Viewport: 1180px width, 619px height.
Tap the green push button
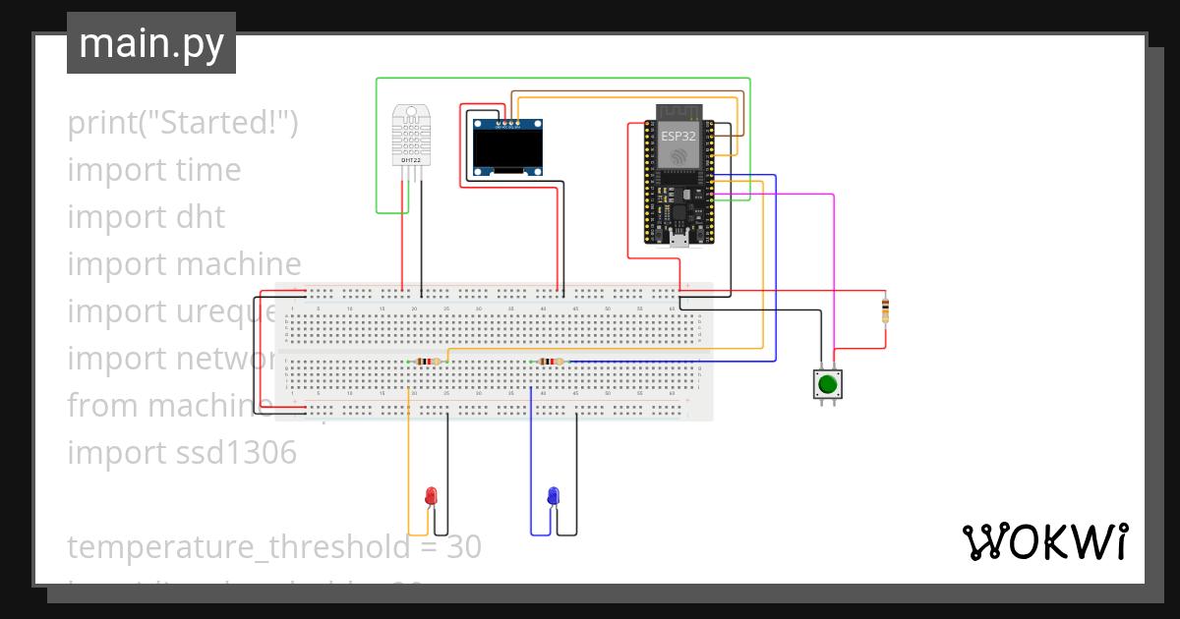(828, 383)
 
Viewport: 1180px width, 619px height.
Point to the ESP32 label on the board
(678, 136)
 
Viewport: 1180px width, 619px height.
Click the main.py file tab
(151, 43)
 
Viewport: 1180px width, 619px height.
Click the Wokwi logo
(1044, 541)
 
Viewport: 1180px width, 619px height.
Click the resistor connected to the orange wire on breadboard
(426, 362)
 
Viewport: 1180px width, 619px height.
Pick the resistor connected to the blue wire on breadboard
(549, 362)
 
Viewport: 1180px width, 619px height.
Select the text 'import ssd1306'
(182, 452)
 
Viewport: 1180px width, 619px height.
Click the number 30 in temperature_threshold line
(465, 546)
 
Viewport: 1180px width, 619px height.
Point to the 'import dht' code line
(147, 216)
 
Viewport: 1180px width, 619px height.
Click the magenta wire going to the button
(834, 275)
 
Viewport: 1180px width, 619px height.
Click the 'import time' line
(154, 169)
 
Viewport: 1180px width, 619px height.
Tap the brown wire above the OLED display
(629, 92)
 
